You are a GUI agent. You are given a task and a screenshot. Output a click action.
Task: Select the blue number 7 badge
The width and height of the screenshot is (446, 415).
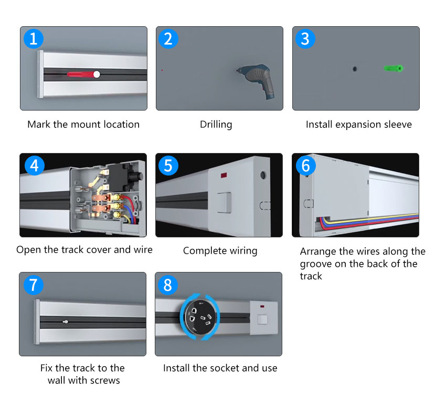tap(34, 285)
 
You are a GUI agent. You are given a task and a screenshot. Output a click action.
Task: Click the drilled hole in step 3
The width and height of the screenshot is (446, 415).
tap(354, 69)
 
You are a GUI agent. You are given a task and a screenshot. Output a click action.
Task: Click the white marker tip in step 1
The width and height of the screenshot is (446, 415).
tap(97, 74)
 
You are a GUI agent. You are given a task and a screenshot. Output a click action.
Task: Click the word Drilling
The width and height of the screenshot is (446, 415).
tap(216, 125)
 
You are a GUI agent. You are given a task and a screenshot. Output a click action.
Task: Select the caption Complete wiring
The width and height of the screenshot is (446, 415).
tap(220, 250)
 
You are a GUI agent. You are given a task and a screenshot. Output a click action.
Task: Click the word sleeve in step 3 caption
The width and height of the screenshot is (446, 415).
tap(397, 125)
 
